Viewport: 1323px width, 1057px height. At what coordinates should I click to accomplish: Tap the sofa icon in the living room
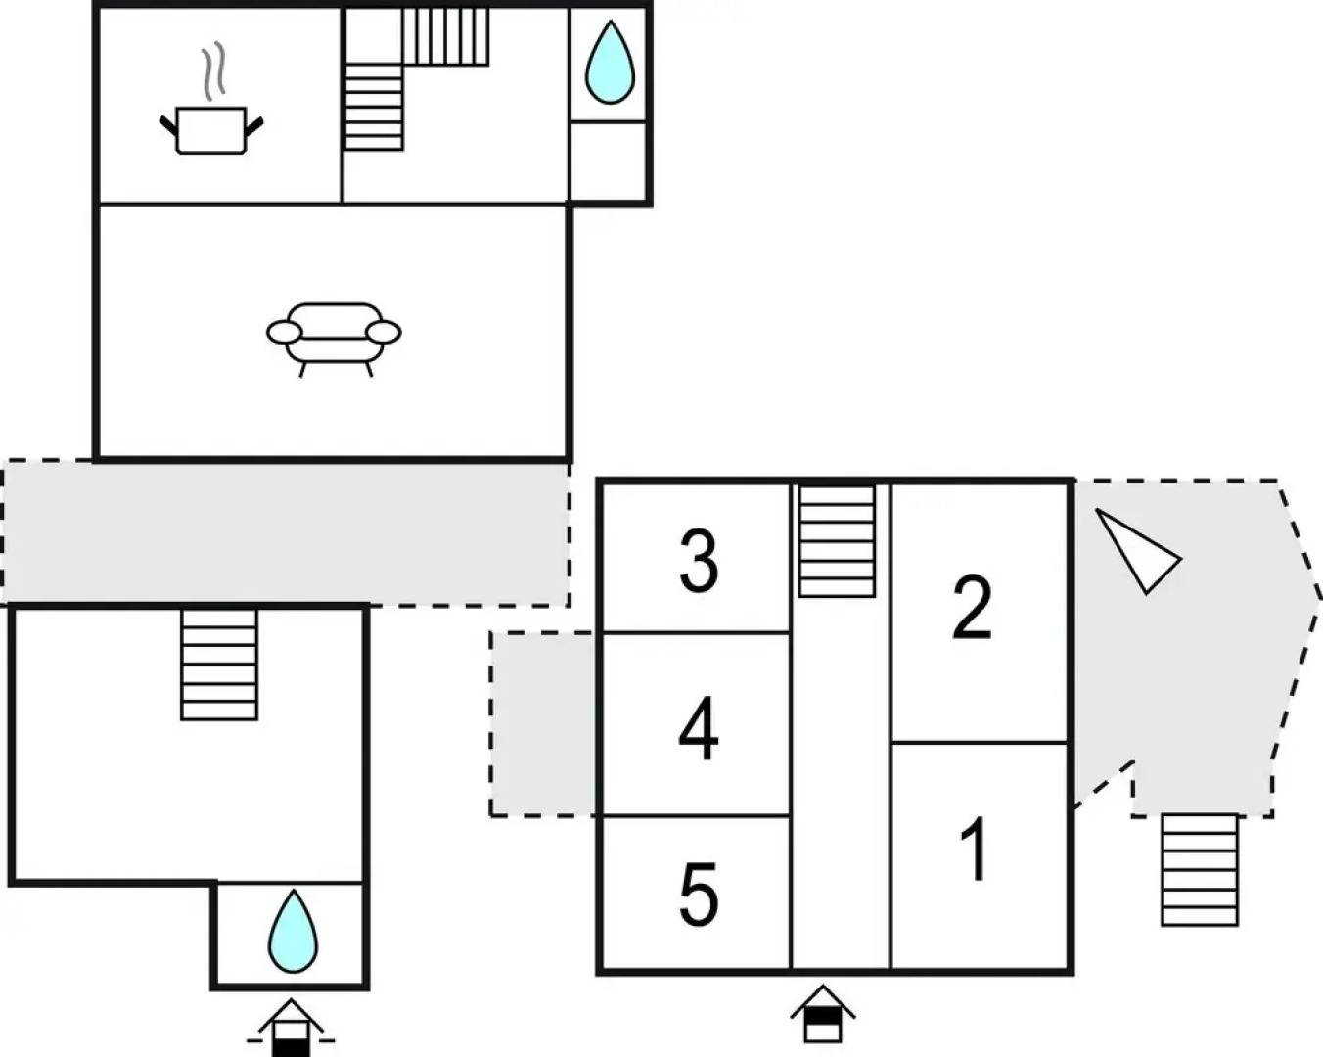334,337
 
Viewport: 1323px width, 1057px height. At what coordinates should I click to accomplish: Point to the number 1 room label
974,850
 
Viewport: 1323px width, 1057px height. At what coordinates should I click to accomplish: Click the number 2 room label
972,608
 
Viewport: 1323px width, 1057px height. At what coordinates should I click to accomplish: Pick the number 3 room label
699,562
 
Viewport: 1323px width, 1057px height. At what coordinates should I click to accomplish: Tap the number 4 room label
698,729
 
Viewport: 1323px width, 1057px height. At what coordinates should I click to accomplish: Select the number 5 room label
698,894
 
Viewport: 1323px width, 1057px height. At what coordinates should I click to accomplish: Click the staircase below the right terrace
1199,870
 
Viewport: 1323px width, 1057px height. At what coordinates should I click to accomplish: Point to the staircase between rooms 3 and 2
837,541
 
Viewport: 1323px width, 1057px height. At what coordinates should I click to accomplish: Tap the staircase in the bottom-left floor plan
219,665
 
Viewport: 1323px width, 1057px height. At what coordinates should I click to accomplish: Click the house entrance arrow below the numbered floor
823,1014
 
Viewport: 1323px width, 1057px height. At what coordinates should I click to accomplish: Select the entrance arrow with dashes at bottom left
290,1028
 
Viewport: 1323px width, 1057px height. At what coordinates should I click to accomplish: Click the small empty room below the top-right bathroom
608,161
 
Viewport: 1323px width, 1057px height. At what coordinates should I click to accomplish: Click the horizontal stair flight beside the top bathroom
445,37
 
